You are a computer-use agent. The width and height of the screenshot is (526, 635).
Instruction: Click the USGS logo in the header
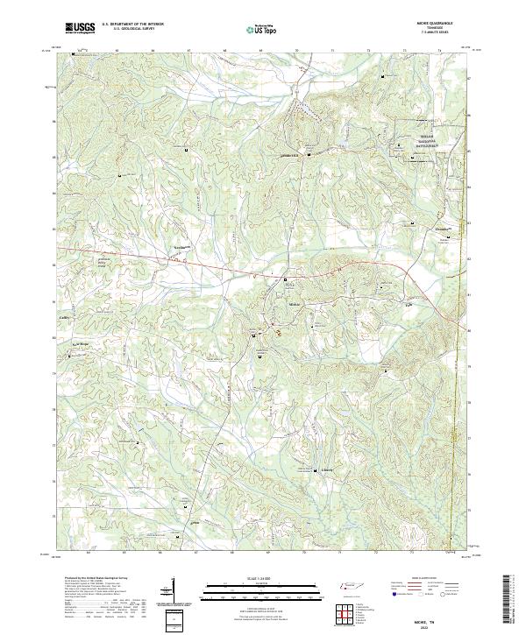click(80, 28)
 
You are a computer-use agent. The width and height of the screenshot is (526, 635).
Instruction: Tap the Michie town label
click(295, 303)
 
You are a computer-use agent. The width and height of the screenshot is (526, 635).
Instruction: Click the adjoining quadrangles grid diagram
click(346, 610)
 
